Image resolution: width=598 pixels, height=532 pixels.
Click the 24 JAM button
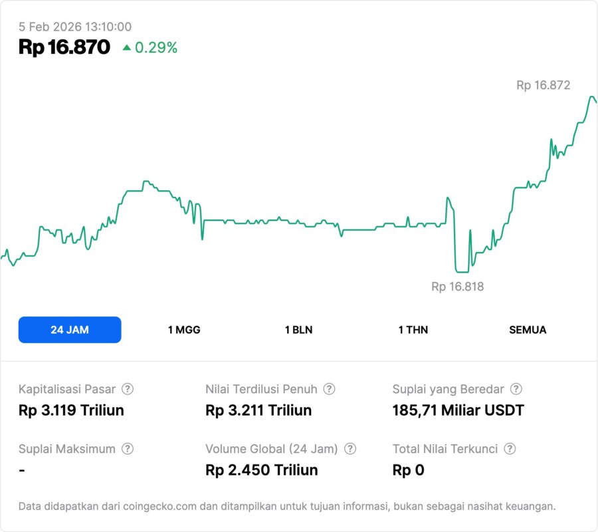point(70,330)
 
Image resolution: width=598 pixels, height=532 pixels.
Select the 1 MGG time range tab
point(184,330)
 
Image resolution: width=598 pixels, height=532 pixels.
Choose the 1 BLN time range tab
point(298,330)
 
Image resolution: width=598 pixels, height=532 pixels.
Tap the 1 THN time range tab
point(413,330)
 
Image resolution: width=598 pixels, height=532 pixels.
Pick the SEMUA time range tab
point(528,330)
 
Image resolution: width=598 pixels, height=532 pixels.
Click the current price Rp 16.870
point(64,47)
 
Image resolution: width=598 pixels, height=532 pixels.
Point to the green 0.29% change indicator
point(150,48)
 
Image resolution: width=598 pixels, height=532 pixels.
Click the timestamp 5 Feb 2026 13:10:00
point(75,27)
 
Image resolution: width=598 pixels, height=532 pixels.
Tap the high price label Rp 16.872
point(543,85)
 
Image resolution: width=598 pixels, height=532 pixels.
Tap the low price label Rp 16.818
point(458,287)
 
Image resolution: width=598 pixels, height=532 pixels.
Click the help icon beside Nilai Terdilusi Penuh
point(329,389)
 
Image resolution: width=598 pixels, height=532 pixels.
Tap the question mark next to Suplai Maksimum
point(128,449)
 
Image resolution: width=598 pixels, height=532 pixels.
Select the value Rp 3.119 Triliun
point(71,410)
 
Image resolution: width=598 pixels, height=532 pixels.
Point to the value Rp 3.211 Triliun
point(258,410)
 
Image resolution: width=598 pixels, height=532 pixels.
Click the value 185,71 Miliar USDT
point(458,410)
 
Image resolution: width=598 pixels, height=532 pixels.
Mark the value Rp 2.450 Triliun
point(262,470)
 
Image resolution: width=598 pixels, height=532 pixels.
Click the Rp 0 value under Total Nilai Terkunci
point(408,470)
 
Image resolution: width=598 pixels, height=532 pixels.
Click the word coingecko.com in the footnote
point(160,507)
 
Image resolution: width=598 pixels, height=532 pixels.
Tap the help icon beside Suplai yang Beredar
point(516,389)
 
